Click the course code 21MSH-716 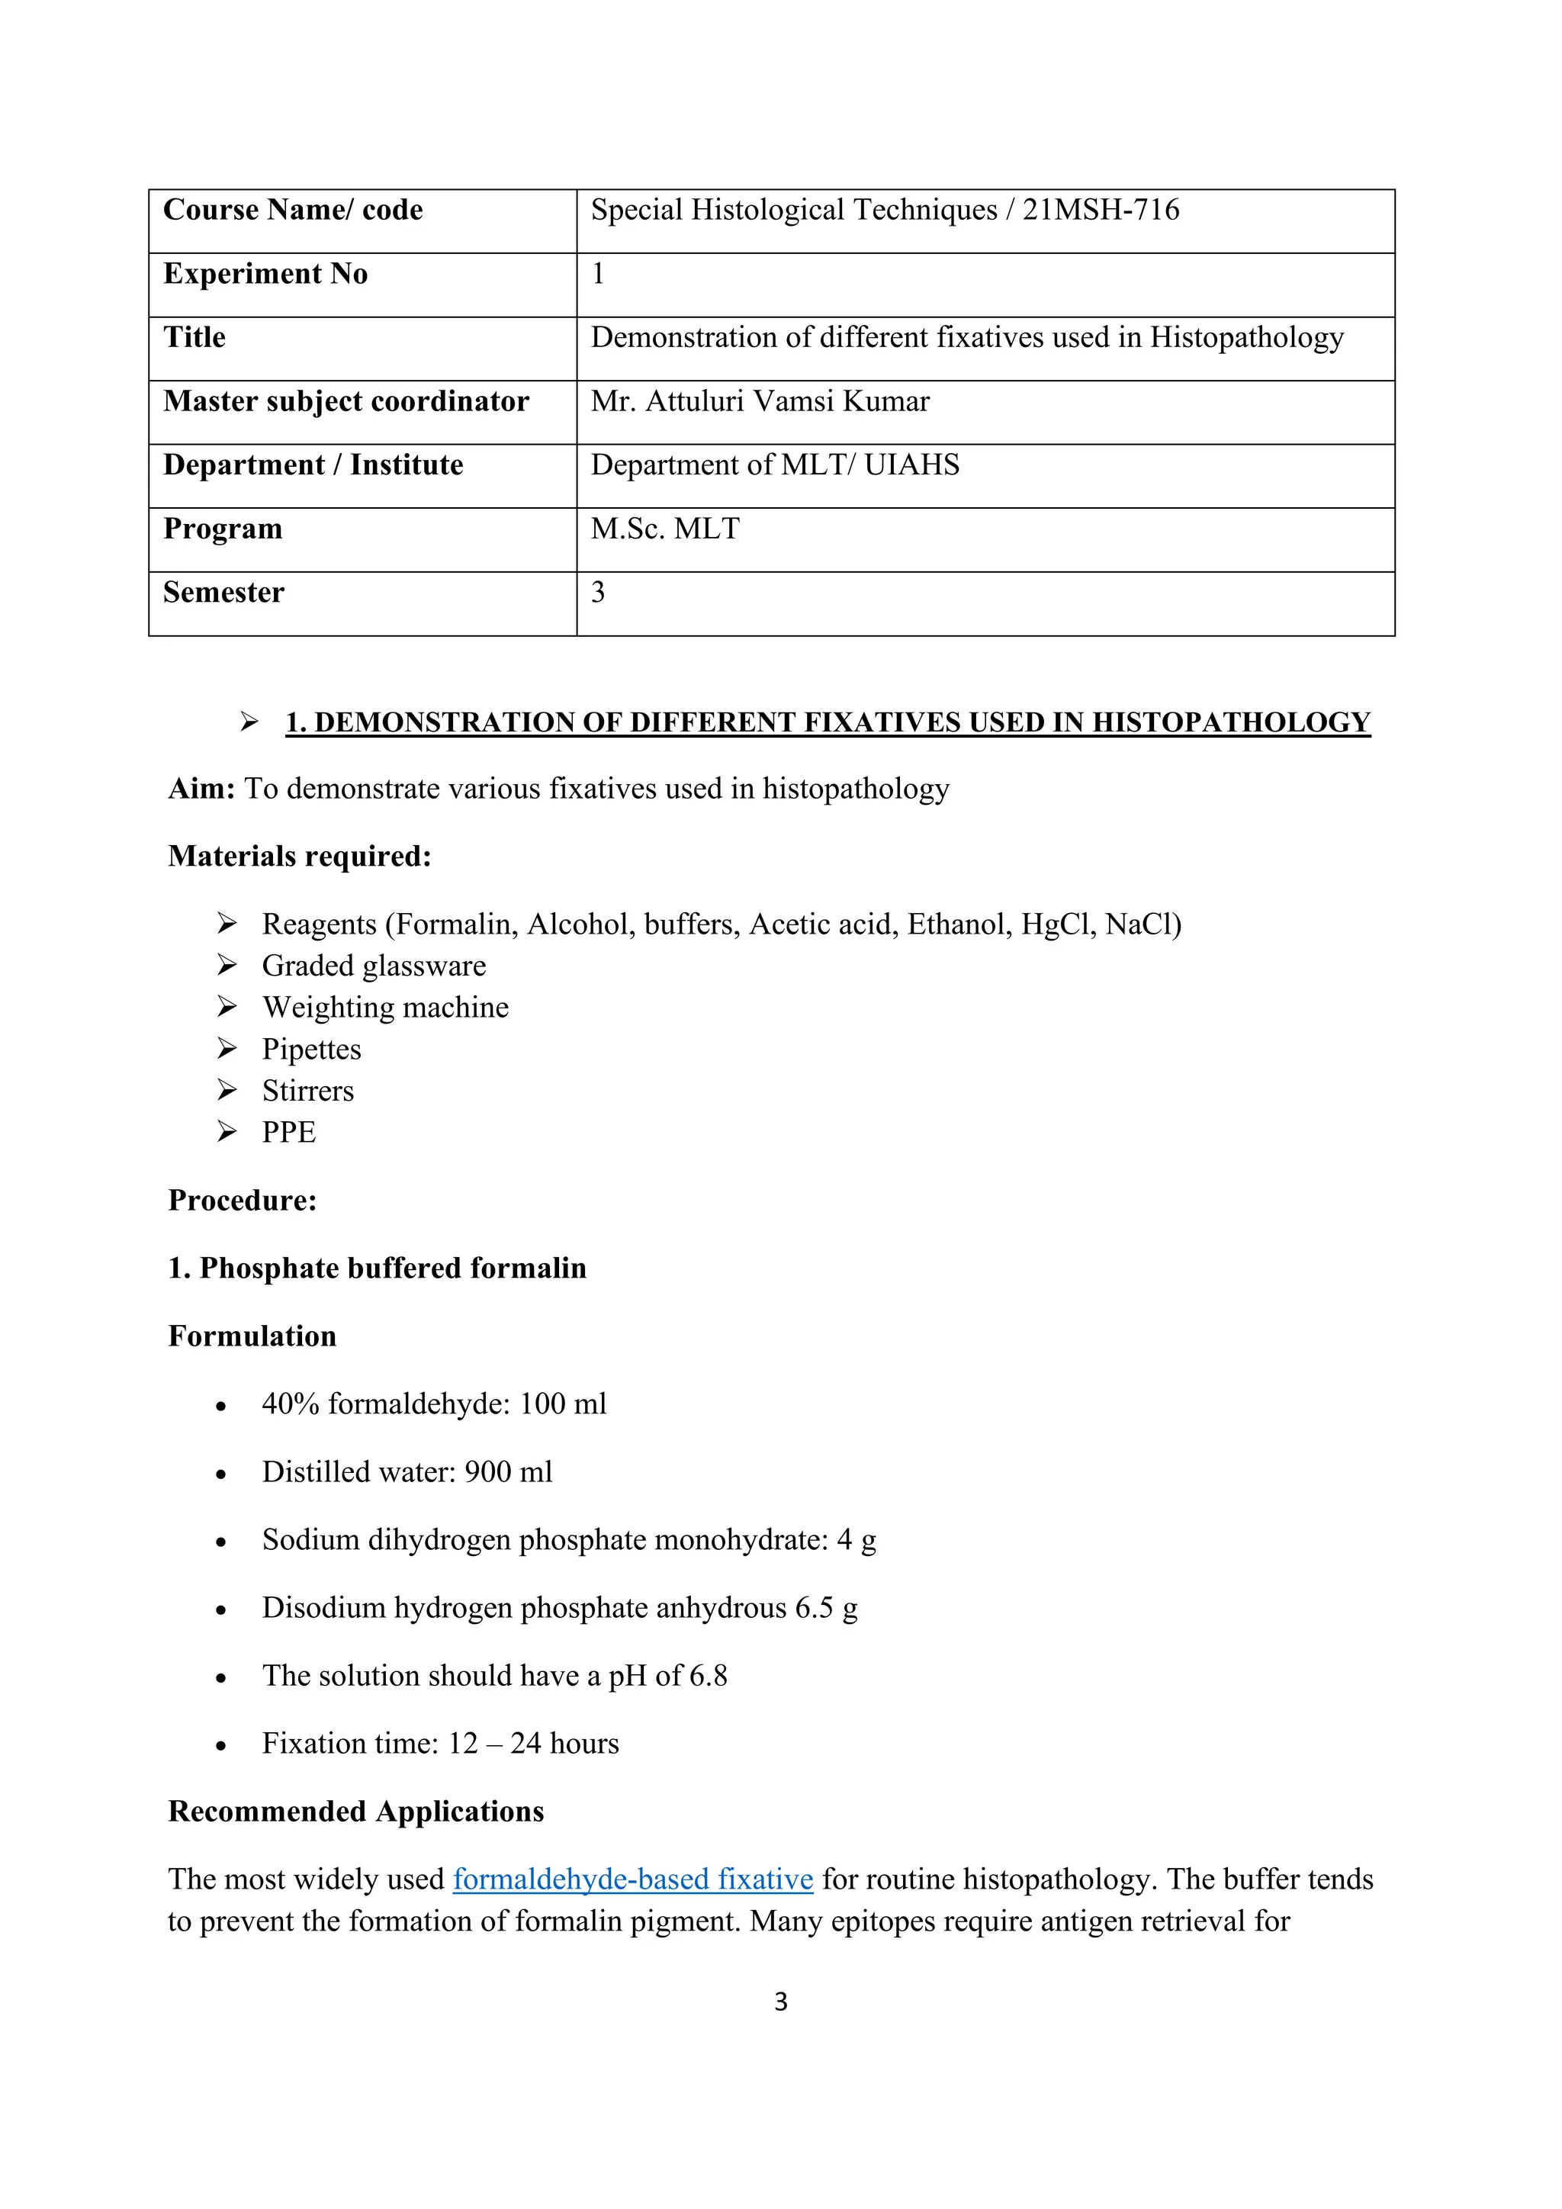tap(1101, 210)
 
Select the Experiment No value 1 tap(597, 274)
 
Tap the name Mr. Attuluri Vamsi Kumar tap(760, 401)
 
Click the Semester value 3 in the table tap(597, 593)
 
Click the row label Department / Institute tap(313, 465)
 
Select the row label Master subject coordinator tap(346, 401)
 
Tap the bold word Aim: tap(201, 789)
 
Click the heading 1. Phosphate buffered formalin tap(377, 1268)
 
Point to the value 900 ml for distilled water tap(508, 1472)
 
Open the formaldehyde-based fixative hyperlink tap(633, 1879)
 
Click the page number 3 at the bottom tap(780, 2002)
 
